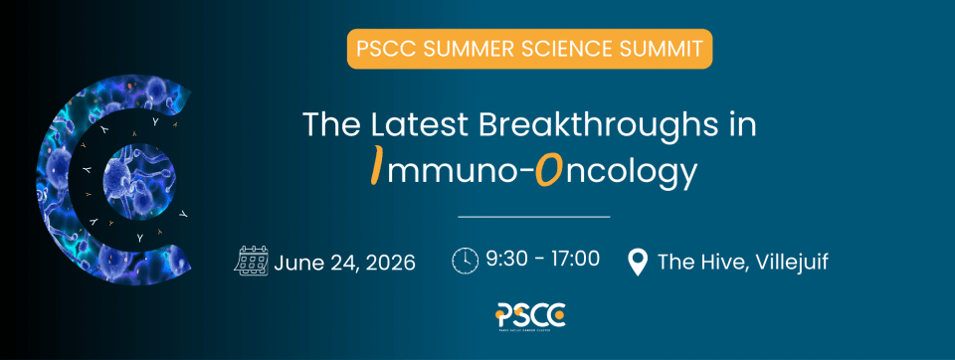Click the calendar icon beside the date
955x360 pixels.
pyautogui.click(x=251, y=262)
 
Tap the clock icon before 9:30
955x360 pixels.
pyautogui.click(x=465, y=261)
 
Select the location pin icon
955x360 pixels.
pyautogui.click(x=637, y=262)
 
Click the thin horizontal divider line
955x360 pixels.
pyautogui.click(x=533, y=216)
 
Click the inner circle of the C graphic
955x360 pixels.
pyautogui.click(x=139, y=180)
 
